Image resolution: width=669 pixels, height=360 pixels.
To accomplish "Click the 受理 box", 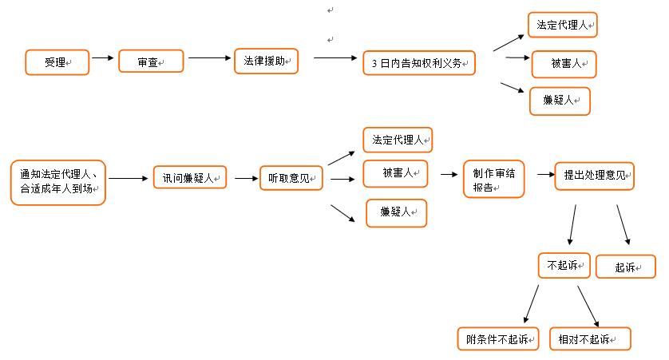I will pyautogui.click(x=56, y=62).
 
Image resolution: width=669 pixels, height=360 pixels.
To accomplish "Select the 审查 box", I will pyautogui.click(x=151, y=61).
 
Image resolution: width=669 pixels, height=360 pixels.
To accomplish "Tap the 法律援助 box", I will pyautogui.click(x=266, y=61).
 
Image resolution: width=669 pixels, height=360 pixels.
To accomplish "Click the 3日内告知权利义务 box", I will pyautogui.click(x=418, y=63).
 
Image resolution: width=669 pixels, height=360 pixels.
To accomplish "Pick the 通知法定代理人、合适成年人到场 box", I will pyautogui.click(x=58, y=183).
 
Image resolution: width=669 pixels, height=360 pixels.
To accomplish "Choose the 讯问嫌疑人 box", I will pyautogui.click(x=190, y=178).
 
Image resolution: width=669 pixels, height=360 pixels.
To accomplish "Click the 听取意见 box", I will pyautogui.click(x=291, y=178).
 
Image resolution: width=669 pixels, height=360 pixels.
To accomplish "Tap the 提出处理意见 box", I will pyautogui.click(x=594, y=176).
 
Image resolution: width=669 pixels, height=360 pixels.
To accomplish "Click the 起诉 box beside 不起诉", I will pyautogui.click(x=626, y=267).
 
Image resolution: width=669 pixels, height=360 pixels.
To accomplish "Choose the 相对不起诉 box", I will pyautogui.click(x=590, y=338).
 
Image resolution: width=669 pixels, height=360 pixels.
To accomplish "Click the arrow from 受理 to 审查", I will pyautogui.click(x=103, y=58).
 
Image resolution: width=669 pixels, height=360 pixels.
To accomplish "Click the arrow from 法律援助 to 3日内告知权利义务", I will pyautogui.click(x=334, y=58).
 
